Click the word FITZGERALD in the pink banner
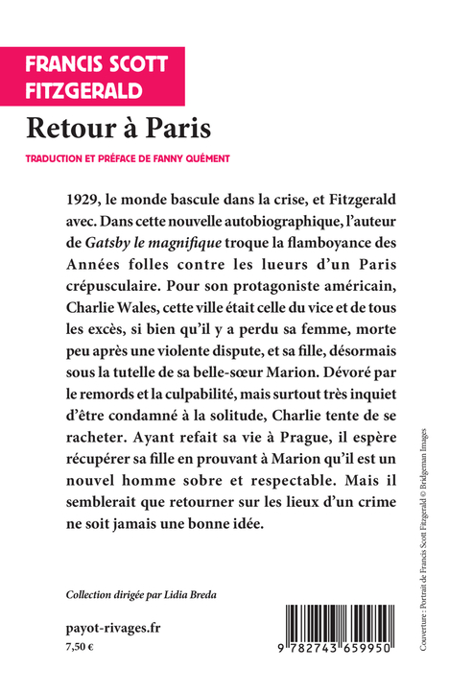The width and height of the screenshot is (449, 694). [x=84, y=90]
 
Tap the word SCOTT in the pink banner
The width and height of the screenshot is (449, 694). [x=134, y=63]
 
